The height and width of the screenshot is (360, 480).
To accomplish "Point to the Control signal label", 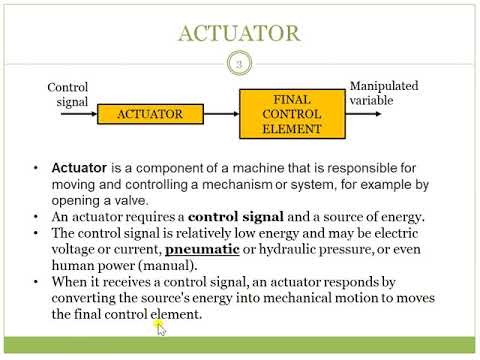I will pos(69,95).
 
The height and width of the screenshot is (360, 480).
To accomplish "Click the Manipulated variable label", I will pos(383,93).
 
